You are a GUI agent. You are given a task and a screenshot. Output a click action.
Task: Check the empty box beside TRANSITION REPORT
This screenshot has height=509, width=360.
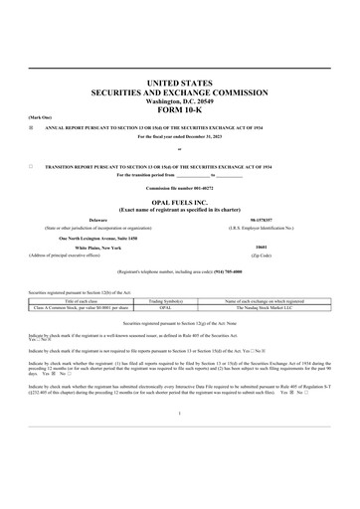tap(32, 166)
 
